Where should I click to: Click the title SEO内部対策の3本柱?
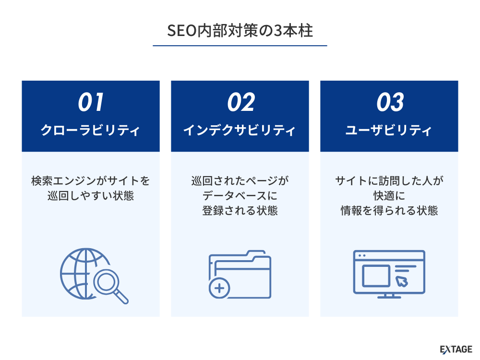click(240, 31)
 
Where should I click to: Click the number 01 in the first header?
click(91, 102)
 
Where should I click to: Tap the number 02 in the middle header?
click(240, 102)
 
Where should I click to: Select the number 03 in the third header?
click(390, 102)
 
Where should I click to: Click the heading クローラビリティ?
click(91, 130)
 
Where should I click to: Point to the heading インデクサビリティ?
click(240, 130)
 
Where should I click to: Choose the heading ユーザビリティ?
click(389, 130)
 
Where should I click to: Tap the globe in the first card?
click(83, 274)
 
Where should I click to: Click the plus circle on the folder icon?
click(219, 288)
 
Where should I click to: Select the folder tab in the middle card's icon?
click(256, 255)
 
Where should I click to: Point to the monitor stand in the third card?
click(389, 296)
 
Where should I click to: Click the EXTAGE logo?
click(456, 349)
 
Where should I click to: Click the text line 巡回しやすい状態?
click(91, 196)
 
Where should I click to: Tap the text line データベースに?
click(240, 196)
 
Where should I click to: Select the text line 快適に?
click(389, 196)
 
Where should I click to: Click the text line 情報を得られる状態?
click(389, 211)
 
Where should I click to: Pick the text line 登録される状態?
click(240, 211)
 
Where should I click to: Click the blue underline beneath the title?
click(240, 46)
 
